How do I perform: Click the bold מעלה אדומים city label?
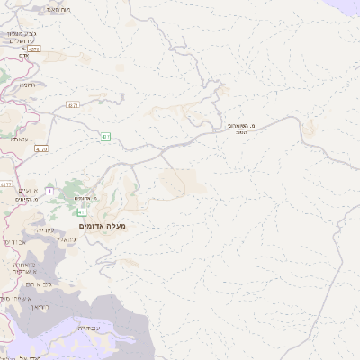[x=103, y=226]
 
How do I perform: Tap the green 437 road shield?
[x=106, y=137]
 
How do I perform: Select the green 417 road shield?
[x=82, y=212]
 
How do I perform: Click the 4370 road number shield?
[x=42, y=149]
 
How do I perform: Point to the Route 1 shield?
[x=49, y=192]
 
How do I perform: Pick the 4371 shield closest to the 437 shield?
[x=73, y=105]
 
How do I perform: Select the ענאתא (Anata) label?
[x=19, y=140]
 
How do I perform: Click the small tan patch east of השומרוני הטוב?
[x=310, y=129]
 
